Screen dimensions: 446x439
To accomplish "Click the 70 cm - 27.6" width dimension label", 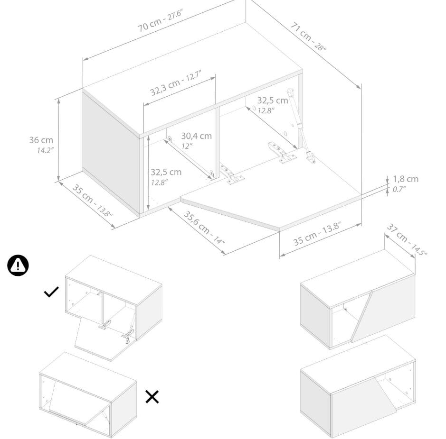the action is point(161,20).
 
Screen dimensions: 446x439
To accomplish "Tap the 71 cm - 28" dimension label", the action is point(308,37).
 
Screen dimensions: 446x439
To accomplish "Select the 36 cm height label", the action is point(41,140).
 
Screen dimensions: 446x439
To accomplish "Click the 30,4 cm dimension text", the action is point(197,136).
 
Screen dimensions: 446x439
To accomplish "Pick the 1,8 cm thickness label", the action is point(406,179).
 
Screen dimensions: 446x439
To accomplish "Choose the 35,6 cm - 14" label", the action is point(204,227).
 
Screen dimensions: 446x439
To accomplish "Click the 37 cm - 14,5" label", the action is point(407,240).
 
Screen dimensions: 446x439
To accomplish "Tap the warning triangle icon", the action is point(18,265).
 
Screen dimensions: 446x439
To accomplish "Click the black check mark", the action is point(51,292).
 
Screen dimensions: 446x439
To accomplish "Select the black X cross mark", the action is point(152,397).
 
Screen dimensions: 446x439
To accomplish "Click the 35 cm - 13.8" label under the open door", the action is point(317,234).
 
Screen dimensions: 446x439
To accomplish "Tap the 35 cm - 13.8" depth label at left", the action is point(92,201).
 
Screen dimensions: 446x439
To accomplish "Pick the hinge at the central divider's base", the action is point(231,174).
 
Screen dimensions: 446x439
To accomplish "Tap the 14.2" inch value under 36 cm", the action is point(46,150).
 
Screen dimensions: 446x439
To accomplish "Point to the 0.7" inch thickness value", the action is point(399,189).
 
